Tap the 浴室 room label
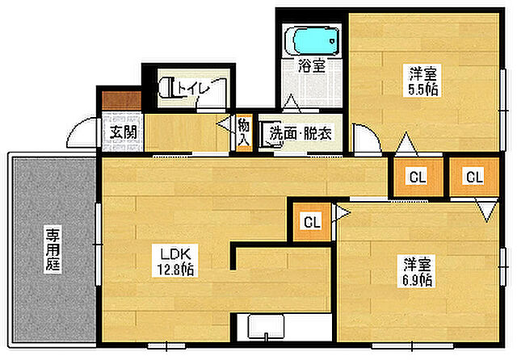click(313, 66)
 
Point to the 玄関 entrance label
click(123, 132)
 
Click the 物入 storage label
click(244, 132)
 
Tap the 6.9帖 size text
click(417, 280)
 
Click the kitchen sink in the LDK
click(267, 328)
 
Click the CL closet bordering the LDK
click(312, 221)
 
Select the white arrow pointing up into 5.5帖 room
click(404, 145)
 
